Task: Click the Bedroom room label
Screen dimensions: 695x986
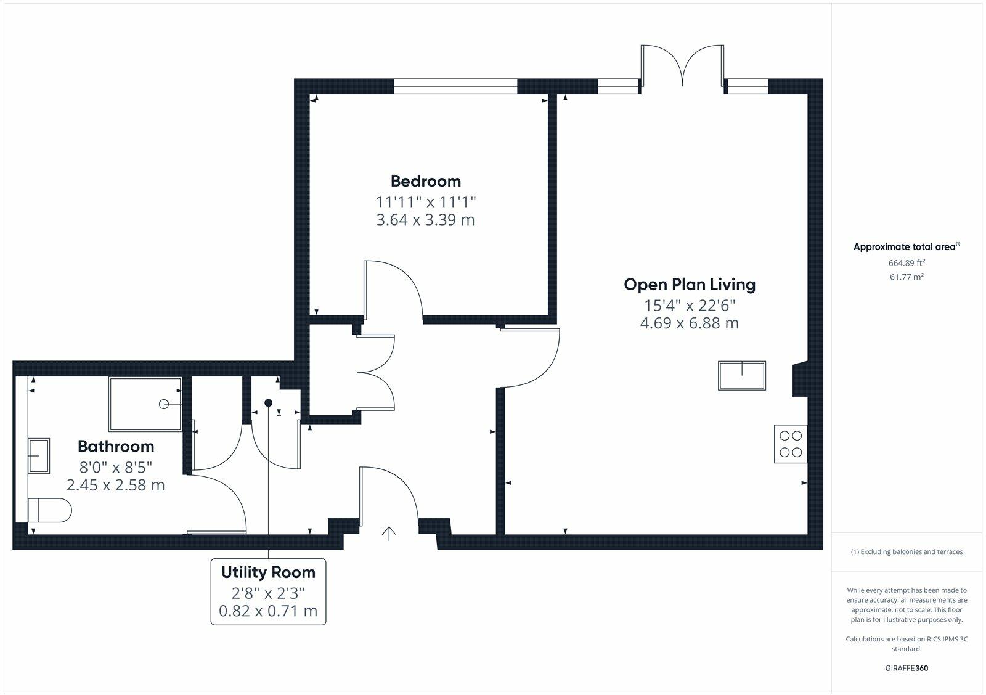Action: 425,181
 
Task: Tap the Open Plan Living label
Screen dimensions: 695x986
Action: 689,285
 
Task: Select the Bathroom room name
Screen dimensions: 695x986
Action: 116,446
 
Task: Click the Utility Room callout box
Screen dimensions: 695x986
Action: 268,591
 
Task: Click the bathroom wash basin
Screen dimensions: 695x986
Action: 39,456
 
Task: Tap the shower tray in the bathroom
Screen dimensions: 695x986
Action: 145,404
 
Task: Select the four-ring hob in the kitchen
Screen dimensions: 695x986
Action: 791,444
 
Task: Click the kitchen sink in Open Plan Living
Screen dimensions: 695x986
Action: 742,376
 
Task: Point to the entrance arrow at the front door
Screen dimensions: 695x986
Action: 388,533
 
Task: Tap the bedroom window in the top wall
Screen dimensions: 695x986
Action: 455,86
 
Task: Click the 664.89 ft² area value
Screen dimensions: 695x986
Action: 906,263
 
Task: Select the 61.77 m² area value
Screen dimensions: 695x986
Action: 906,277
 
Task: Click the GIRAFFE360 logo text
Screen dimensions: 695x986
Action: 906,668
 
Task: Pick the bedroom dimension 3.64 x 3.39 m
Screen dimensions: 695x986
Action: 425,220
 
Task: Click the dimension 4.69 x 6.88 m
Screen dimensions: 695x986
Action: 689,323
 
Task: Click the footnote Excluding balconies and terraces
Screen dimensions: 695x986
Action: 906,552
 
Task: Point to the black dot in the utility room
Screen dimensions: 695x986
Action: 268,403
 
